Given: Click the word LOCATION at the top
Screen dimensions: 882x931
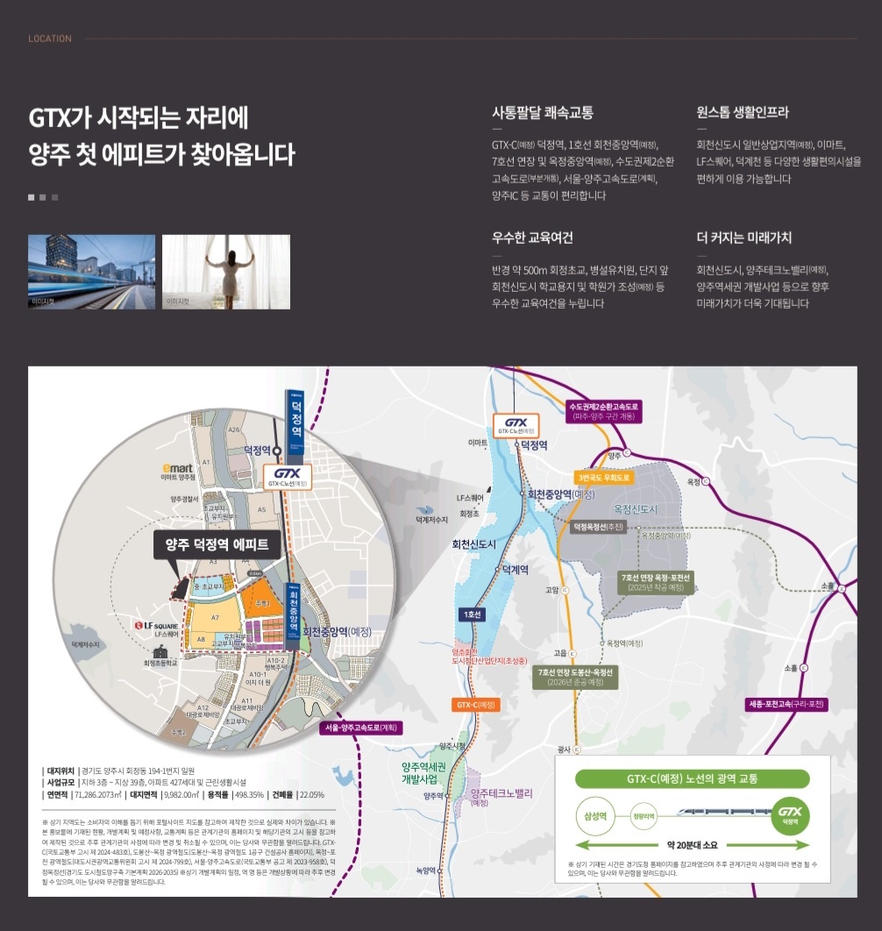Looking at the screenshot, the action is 50,39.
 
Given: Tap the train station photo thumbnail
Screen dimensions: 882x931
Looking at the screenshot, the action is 92,271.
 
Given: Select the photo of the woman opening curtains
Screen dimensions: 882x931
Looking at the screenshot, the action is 225,271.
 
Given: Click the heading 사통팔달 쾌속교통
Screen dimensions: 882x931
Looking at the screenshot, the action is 543,112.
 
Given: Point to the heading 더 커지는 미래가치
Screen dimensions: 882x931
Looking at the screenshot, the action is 743,238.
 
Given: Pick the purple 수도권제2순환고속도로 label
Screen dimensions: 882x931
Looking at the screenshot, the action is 605,411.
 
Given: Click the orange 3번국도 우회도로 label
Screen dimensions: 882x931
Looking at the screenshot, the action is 604,478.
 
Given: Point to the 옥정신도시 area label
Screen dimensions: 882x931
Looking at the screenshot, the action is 636,509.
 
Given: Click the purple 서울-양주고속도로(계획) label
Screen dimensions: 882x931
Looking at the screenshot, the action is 361,727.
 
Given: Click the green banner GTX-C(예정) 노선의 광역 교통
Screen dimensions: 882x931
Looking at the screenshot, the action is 692,778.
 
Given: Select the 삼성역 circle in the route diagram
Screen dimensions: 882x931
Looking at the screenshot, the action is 596,815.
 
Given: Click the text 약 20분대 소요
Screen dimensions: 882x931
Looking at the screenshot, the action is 692,844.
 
